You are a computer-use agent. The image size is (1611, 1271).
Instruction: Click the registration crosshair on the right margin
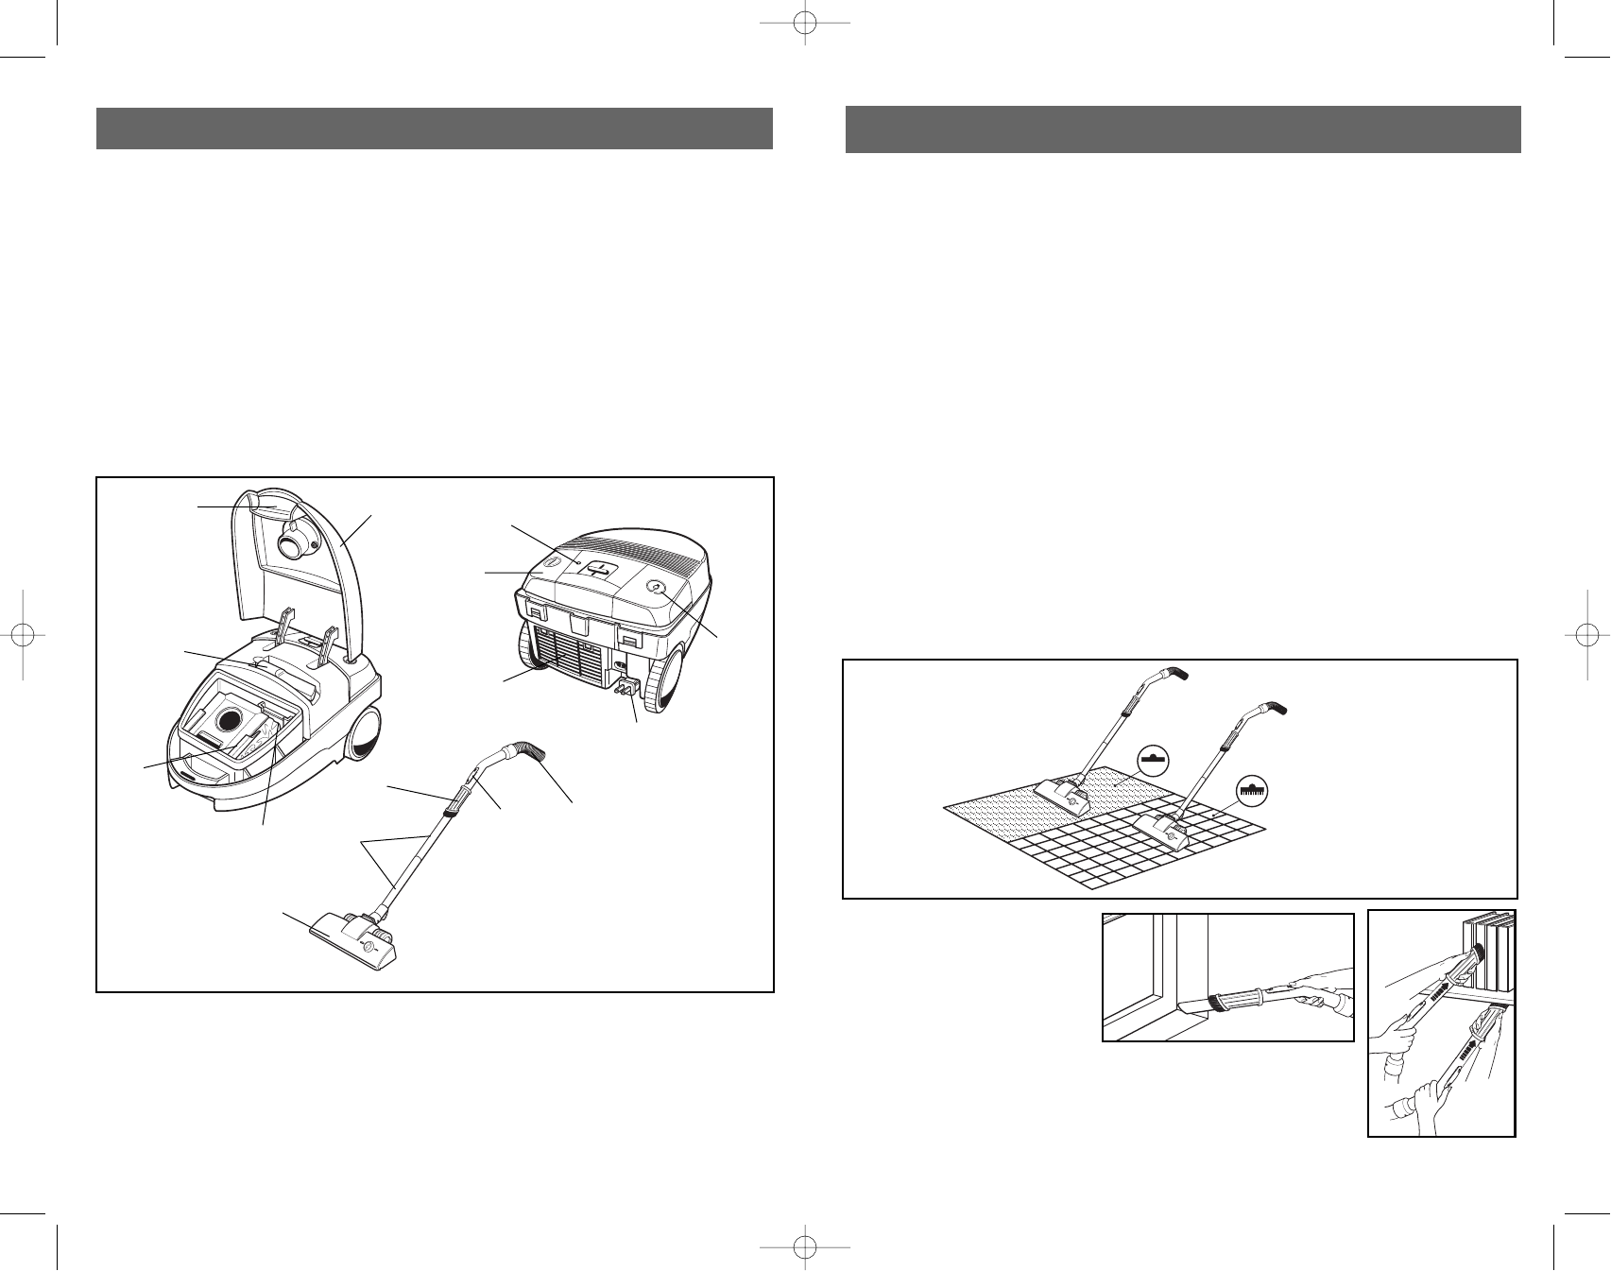pyautogui.click(x=1585, y=636)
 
